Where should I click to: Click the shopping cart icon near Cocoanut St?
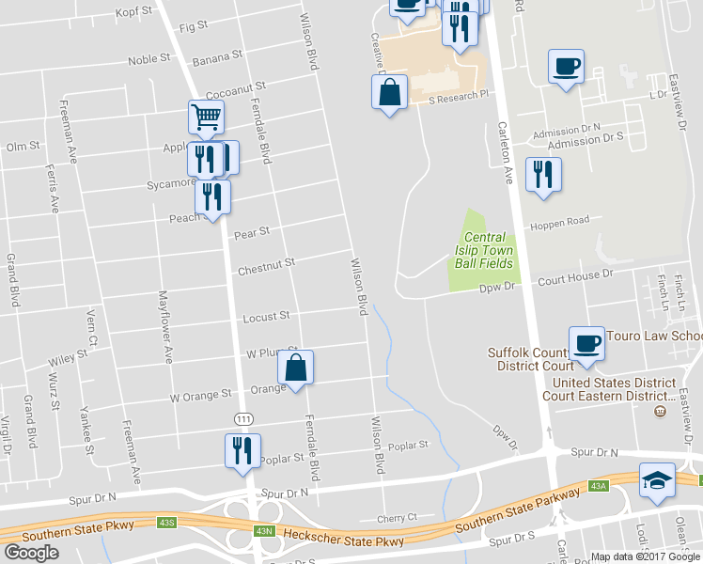coord(206,117)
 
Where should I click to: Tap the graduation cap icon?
coord(656,480)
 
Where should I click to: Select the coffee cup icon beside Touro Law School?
coord(586,343)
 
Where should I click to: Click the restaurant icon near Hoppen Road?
coord(543,174)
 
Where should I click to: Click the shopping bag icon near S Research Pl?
coord(389,93)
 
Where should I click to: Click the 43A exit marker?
coord(599,485)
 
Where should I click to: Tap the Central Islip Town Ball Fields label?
coord(484,251)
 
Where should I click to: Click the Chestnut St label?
coord(266,269)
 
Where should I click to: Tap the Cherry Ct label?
coord(396,518)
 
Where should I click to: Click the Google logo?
coord(32,552)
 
